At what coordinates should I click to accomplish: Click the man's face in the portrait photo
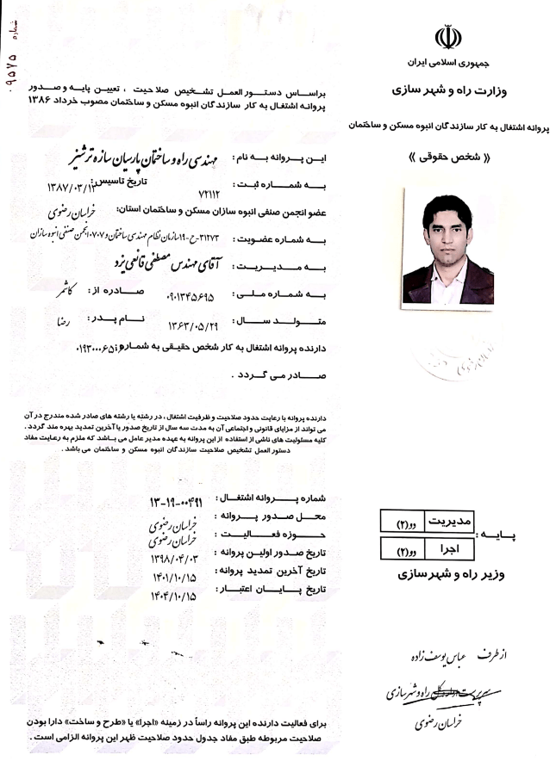tap(447, 227)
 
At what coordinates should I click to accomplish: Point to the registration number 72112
tap(210, 197)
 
